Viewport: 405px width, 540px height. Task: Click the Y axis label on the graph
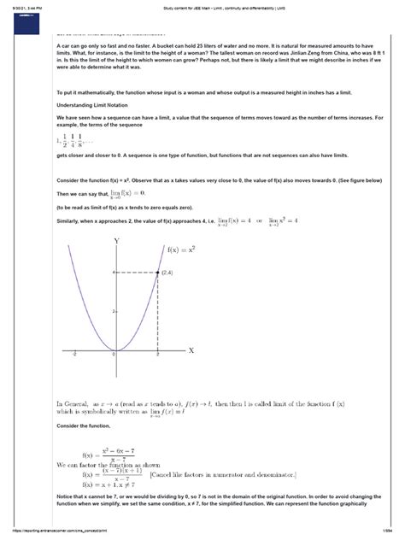point(116,242)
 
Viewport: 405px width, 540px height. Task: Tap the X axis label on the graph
point(191,350)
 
